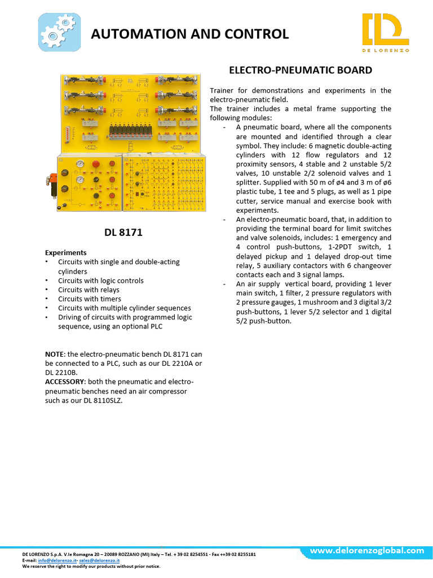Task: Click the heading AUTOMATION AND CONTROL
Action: point(190,34)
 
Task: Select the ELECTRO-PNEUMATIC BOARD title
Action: point(300,71)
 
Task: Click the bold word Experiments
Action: point(66,253)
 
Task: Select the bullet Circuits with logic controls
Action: point(101,281)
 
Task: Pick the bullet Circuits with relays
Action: point(89,290)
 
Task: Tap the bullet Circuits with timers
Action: point(90,299)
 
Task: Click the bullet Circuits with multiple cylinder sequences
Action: point(124,308)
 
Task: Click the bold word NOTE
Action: point(55,354)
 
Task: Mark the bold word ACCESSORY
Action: point(64,382)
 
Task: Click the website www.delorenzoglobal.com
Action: point(367,550)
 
